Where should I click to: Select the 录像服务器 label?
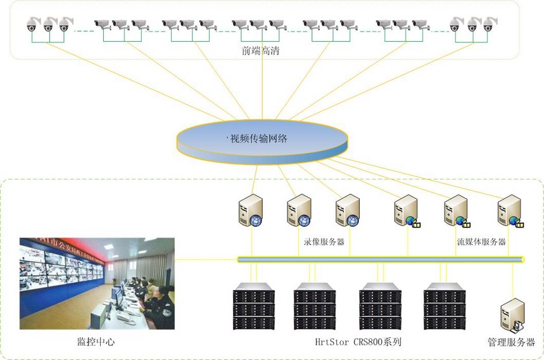(324, 241)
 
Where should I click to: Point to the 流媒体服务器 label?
(481, 241)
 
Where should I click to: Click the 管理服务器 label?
(511, 342)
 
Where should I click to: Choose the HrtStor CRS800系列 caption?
(358, 342)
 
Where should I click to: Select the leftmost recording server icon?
(250, 211)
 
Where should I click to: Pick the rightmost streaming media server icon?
(510, 211)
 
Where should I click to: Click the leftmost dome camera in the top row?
(32, 26)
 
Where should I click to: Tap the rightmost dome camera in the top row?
(488, 25)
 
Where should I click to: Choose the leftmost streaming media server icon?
(405, 211)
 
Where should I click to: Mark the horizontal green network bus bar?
(380, 259)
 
